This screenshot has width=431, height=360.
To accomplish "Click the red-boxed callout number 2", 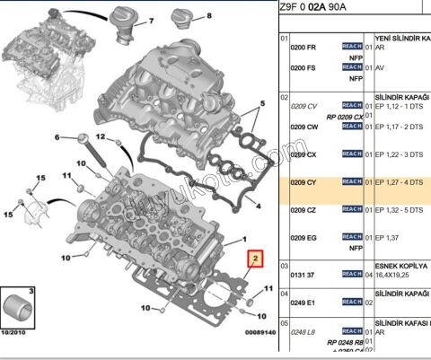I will coord(255,261).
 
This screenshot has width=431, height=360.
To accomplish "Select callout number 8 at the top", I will coord(209,16).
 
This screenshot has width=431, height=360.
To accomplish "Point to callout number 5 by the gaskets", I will coord(262,104).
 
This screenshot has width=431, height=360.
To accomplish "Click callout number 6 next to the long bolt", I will coord(57,137).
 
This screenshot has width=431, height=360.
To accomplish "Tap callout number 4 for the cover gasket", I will coord(259,206).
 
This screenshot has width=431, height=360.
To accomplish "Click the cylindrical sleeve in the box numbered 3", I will coord(17,307).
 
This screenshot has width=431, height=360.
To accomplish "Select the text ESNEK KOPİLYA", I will coord(400,267).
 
